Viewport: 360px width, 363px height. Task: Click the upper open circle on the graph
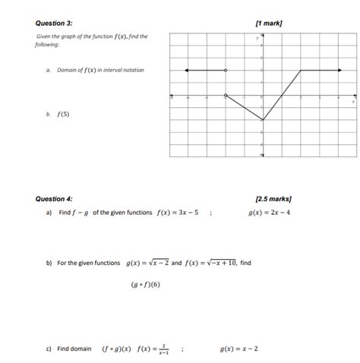pos(226,70)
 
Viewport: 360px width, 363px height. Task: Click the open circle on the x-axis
pos(226,96)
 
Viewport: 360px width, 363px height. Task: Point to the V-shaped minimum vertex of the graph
pos(263,120)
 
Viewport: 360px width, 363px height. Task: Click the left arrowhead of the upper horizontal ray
pos(187,70)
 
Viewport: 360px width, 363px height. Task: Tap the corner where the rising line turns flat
pos(300,70)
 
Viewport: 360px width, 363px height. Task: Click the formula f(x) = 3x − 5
pos(174,213)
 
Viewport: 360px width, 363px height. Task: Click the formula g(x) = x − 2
pos(238,349)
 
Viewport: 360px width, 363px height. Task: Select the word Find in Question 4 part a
pos(65,213)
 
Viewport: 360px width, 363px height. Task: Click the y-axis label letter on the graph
pos(257,36)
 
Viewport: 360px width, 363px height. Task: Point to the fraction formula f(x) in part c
pos(153,349)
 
